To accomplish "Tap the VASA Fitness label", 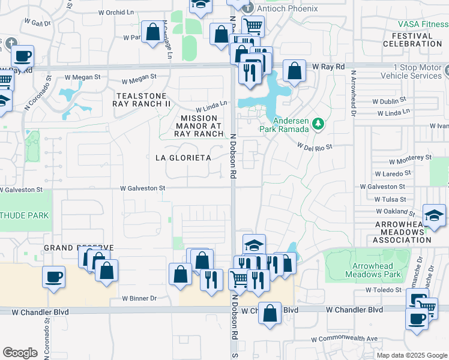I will point(423,25).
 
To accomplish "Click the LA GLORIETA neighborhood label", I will point(183,157).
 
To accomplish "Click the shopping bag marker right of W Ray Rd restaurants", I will point(294,71).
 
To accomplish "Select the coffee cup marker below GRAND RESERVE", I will point(54,277).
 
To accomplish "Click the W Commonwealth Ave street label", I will point(344,339).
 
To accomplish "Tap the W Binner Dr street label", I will point(139,298).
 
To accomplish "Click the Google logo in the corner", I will point(20,353).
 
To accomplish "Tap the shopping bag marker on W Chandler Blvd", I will point(270,313).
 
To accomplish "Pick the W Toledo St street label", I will point(384,289).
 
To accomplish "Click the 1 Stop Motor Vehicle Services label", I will point(409,71).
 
